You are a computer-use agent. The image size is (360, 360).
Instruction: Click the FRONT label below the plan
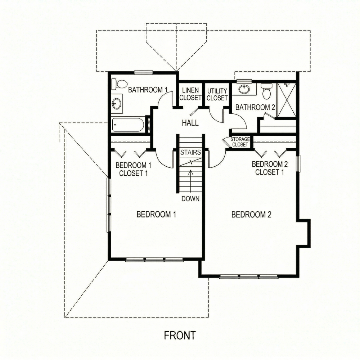[180, 336]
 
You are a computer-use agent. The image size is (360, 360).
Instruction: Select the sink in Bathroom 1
[116, 104]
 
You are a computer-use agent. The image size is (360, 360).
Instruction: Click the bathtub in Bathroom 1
[128, 125]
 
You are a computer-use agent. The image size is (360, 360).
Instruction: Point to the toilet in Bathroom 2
[266, 91]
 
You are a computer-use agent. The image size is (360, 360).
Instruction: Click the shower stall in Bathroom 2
[286, 100]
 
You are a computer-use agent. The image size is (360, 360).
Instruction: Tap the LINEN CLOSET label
[190, 94]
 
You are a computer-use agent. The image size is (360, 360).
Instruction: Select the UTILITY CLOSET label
[217, 94]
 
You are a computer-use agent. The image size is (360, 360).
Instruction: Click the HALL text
[190, 123]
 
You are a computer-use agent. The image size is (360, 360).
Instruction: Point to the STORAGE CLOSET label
[240, 142]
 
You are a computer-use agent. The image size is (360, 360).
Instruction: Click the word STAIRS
[190, 152]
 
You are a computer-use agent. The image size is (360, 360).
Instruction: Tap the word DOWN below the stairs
[190, 199]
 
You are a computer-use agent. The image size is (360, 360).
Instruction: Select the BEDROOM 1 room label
[156, 215]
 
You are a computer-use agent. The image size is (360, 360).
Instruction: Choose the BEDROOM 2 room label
[251, 215]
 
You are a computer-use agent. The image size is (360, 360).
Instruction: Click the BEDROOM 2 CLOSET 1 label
[270, 168]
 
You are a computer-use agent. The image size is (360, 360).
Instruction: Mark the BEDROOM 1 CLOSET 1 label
[133, 169]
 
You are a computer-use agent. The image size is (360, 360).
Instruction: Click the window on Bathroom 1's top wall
[144, 72]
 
